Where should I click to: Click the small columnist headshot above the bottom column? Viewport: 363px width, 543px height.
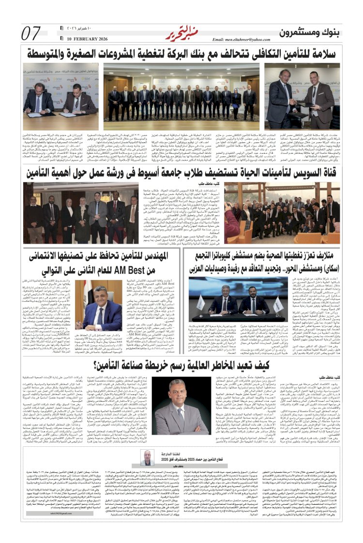click(x=146, y=457)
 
